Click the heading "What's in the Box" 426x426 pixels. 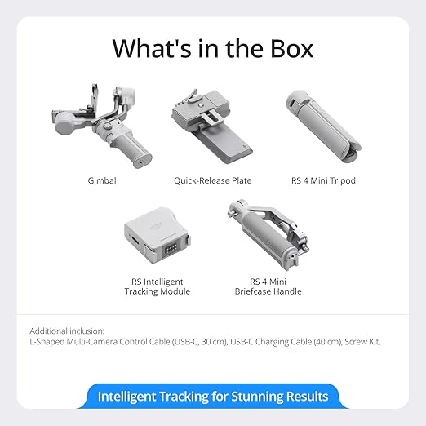(212, 48)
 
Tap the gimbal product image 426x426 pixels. (101, 126)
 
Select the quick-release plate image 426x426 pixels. (212, 131)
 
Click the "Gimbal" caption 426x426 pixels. (101, 180)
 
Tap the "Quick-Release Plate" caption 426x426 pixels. (212, 180)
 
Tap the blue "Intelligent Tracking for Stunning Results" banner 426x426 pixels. (213, 397)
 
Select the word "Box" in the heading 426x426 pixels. (286, 48)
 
